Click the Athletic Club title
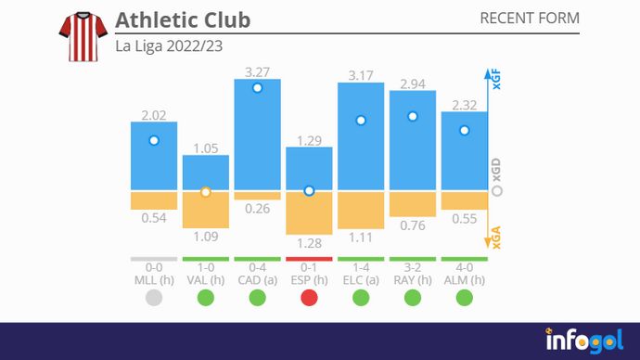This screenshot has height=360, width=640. coord(183,19)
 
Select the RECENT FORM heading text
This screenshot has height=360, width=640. coord(530,19)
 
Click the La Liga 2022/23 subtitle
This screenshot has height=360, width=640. coord(169,45)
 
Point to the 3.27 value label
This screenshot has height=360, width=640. coord(257,71)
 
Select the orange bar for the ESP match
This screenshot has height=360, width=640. coord(309,212)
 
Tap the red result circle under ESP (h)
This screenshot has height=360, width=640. coord(309,298)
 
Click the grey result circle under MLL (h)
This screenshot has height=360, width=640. coord(154,298)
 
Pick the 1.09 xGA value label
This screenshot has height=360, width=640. coord(205,237)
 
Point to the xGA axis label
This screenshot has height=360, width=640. coord(496,238)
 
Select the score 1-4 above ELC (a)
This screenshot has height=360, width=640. coord(361,267)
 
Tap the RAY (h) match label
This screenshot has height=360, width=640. coord(413,279)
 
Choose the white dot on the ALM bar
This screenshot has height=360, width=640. coord(465,130)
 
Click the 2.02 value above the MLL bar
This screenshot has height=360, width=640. coord(154,115)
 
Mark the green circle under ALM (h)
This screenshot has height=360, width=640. coord(465,298)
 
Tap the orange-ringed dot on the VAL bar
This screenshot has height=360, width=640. coord(206,192)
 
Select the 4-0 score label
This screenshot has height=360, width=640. coord(465,267)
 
